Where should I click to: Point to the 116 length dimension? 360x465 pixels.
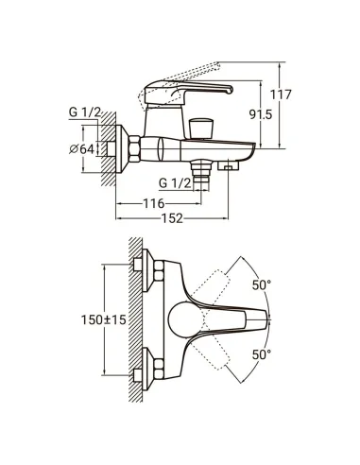pos(152,203)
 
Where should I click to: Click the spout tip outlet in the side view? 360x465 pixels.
pos(227,166)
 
